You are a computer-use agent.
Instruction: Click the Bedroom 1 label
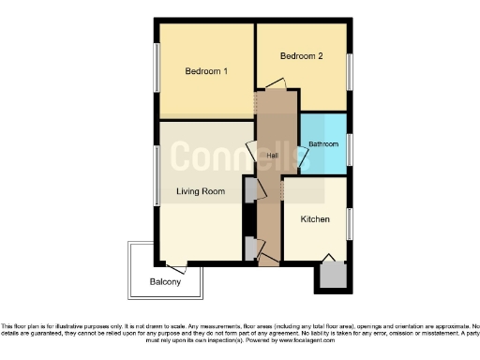click(x=206, y=72)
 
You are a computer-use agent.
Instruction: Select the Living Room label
click(x=201, y=191)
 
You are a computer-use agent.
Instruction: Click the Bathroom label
click(x=323, y=144)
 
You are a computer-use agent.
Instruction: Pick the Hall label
click(x=272, y=155)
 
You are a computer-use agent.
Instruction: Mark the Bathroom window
click(x=350, y=149)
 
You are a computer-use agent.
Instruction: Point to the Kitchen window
click(x=350, y=223)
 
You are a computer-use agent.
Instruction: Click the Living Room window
click(x=157, y=174)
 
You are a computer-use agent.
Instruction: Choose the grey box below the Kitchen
click(x=333, y=275)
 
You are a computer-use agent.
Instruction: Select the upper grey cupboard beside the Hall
click(x=249, y=189)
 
